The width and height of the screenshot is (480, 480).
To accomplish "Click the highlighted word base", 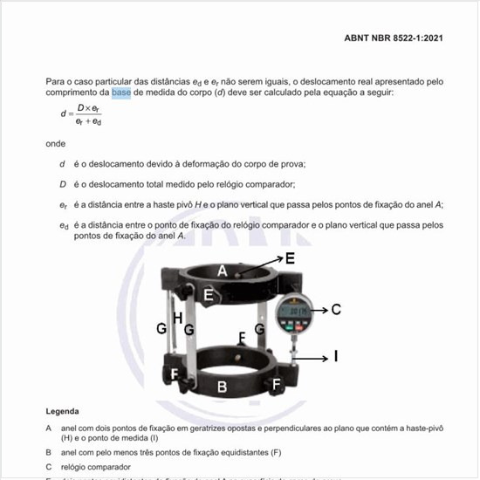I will coord(121,92).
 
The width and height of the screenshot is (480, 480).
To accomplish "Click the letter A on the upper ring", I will coord(223,271).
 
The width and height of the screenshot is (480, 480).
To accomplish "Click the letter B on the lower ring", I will coord(222,386).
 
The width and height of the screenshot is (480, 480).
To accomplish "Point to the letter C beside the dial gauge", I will coord(335,309).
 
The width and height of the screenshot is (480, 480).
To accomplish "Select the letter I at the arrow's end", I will coord(335,356).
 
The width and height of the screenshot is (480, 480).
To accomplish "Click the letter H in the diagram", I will coord(177,319).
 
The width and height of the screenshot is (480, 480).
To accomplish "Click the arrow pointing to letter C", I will coord(319,309).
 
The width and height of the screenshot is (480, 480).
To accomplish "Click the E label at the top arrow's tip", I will coord(290,258).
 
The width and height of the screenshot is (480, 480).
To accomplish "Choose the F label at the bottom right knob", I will coord(277,383).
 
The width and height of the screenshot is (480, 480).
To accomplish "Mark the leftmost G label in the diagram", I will coord(161,329).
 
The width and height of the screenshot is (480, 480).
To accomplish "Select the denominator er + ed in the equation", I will coord(87,121).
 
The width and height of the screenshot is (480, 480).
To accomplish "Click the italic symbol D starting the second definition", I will coord(63,184).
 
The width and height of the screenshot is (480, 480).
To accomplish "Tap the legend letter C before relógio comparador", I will coord(49,467).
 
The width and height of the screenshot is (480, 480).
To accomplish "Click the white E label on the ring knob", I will coord(208,295).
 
